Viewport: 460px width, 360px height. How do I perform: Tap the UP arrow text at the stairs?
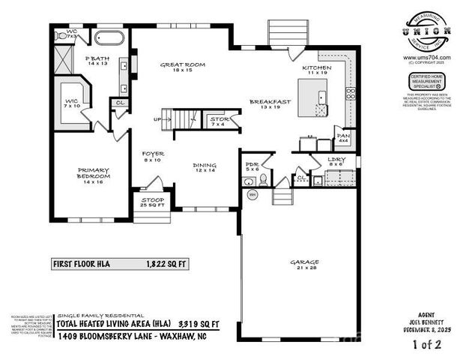coord(158,118)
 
